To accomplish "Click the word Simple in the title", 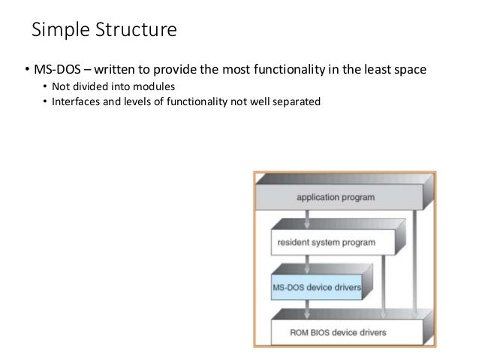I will pyautogui.click(x=58, y=31).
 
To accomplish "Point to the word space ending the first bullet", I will pyautogui.click(x=410, y=70).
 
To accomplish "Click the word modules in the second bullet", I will pyautogui.click(x=148, y=86).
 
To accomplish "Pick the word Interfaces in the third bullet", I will pyautogui.click(x=75, y=101).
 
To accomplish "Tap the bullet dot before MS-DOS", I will pyautogui.click(x=26, y=71).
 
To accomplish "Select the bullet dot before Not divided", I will pyautogui.click(x=44, y=86).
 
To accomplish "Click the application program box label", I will pyautogui.click(x=336, y=198).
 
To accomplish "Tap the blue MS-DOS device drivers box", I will pyautogui.click(x=316, y=287).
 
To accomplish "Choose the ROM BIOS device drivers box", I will pyautogui.click(x=338, y=331).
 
